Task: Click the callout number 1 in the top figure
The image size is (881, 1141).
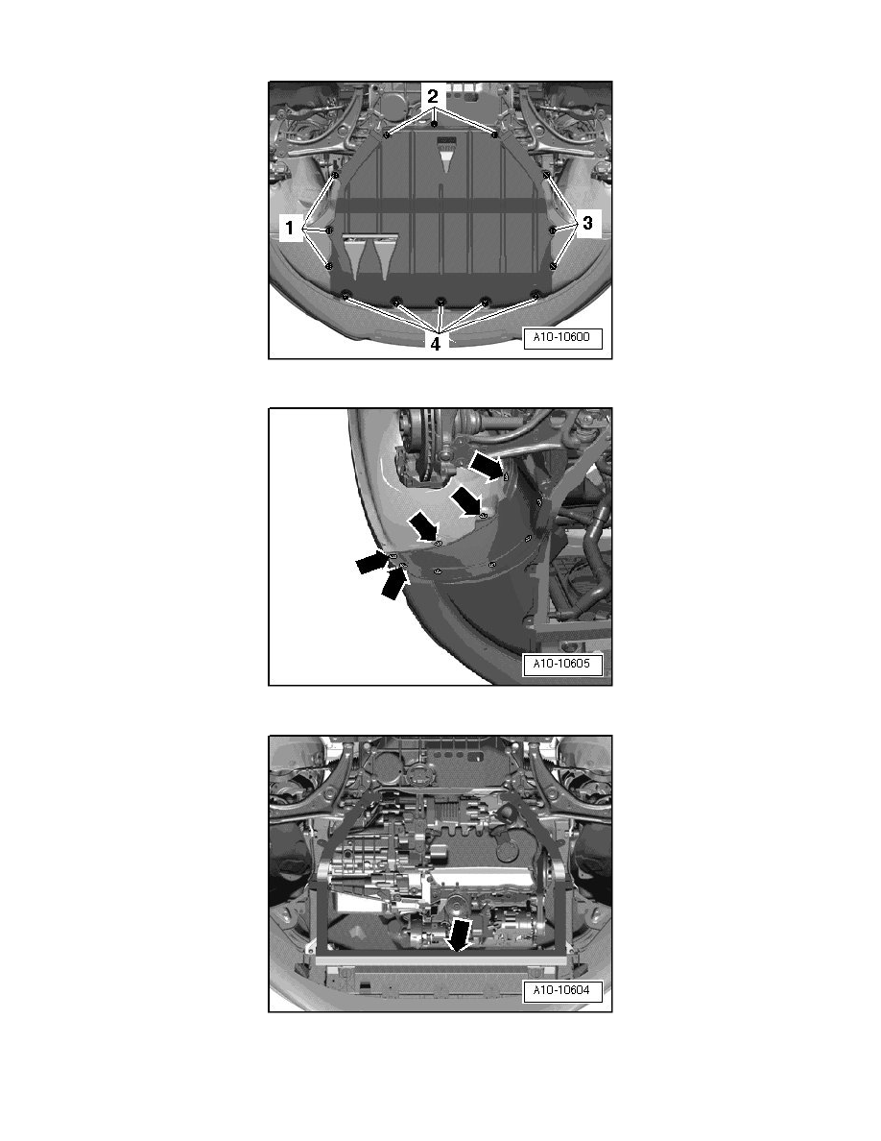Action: tap(288, 229)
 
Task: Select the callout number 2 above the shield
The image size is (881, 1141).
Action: tap(434, 97)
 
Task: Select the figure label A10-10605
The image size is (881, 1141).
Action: tap(563, 664)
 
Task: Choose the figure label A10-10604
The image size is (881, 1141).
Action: tap(563, 991)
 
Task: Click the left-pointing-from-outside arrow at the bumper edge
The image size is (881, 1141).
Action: tap(374, 564)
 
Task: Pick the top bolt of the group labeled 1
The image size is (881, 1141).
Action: tap(335, 176)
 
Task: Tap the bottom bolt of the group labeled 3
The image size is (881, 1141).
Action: tap(553, 265)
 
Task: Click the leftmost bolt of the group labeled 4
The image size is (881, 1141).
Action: tap(345, 296)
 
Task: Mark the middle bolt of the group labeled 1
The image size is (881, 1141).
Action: tap(329, 231)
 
